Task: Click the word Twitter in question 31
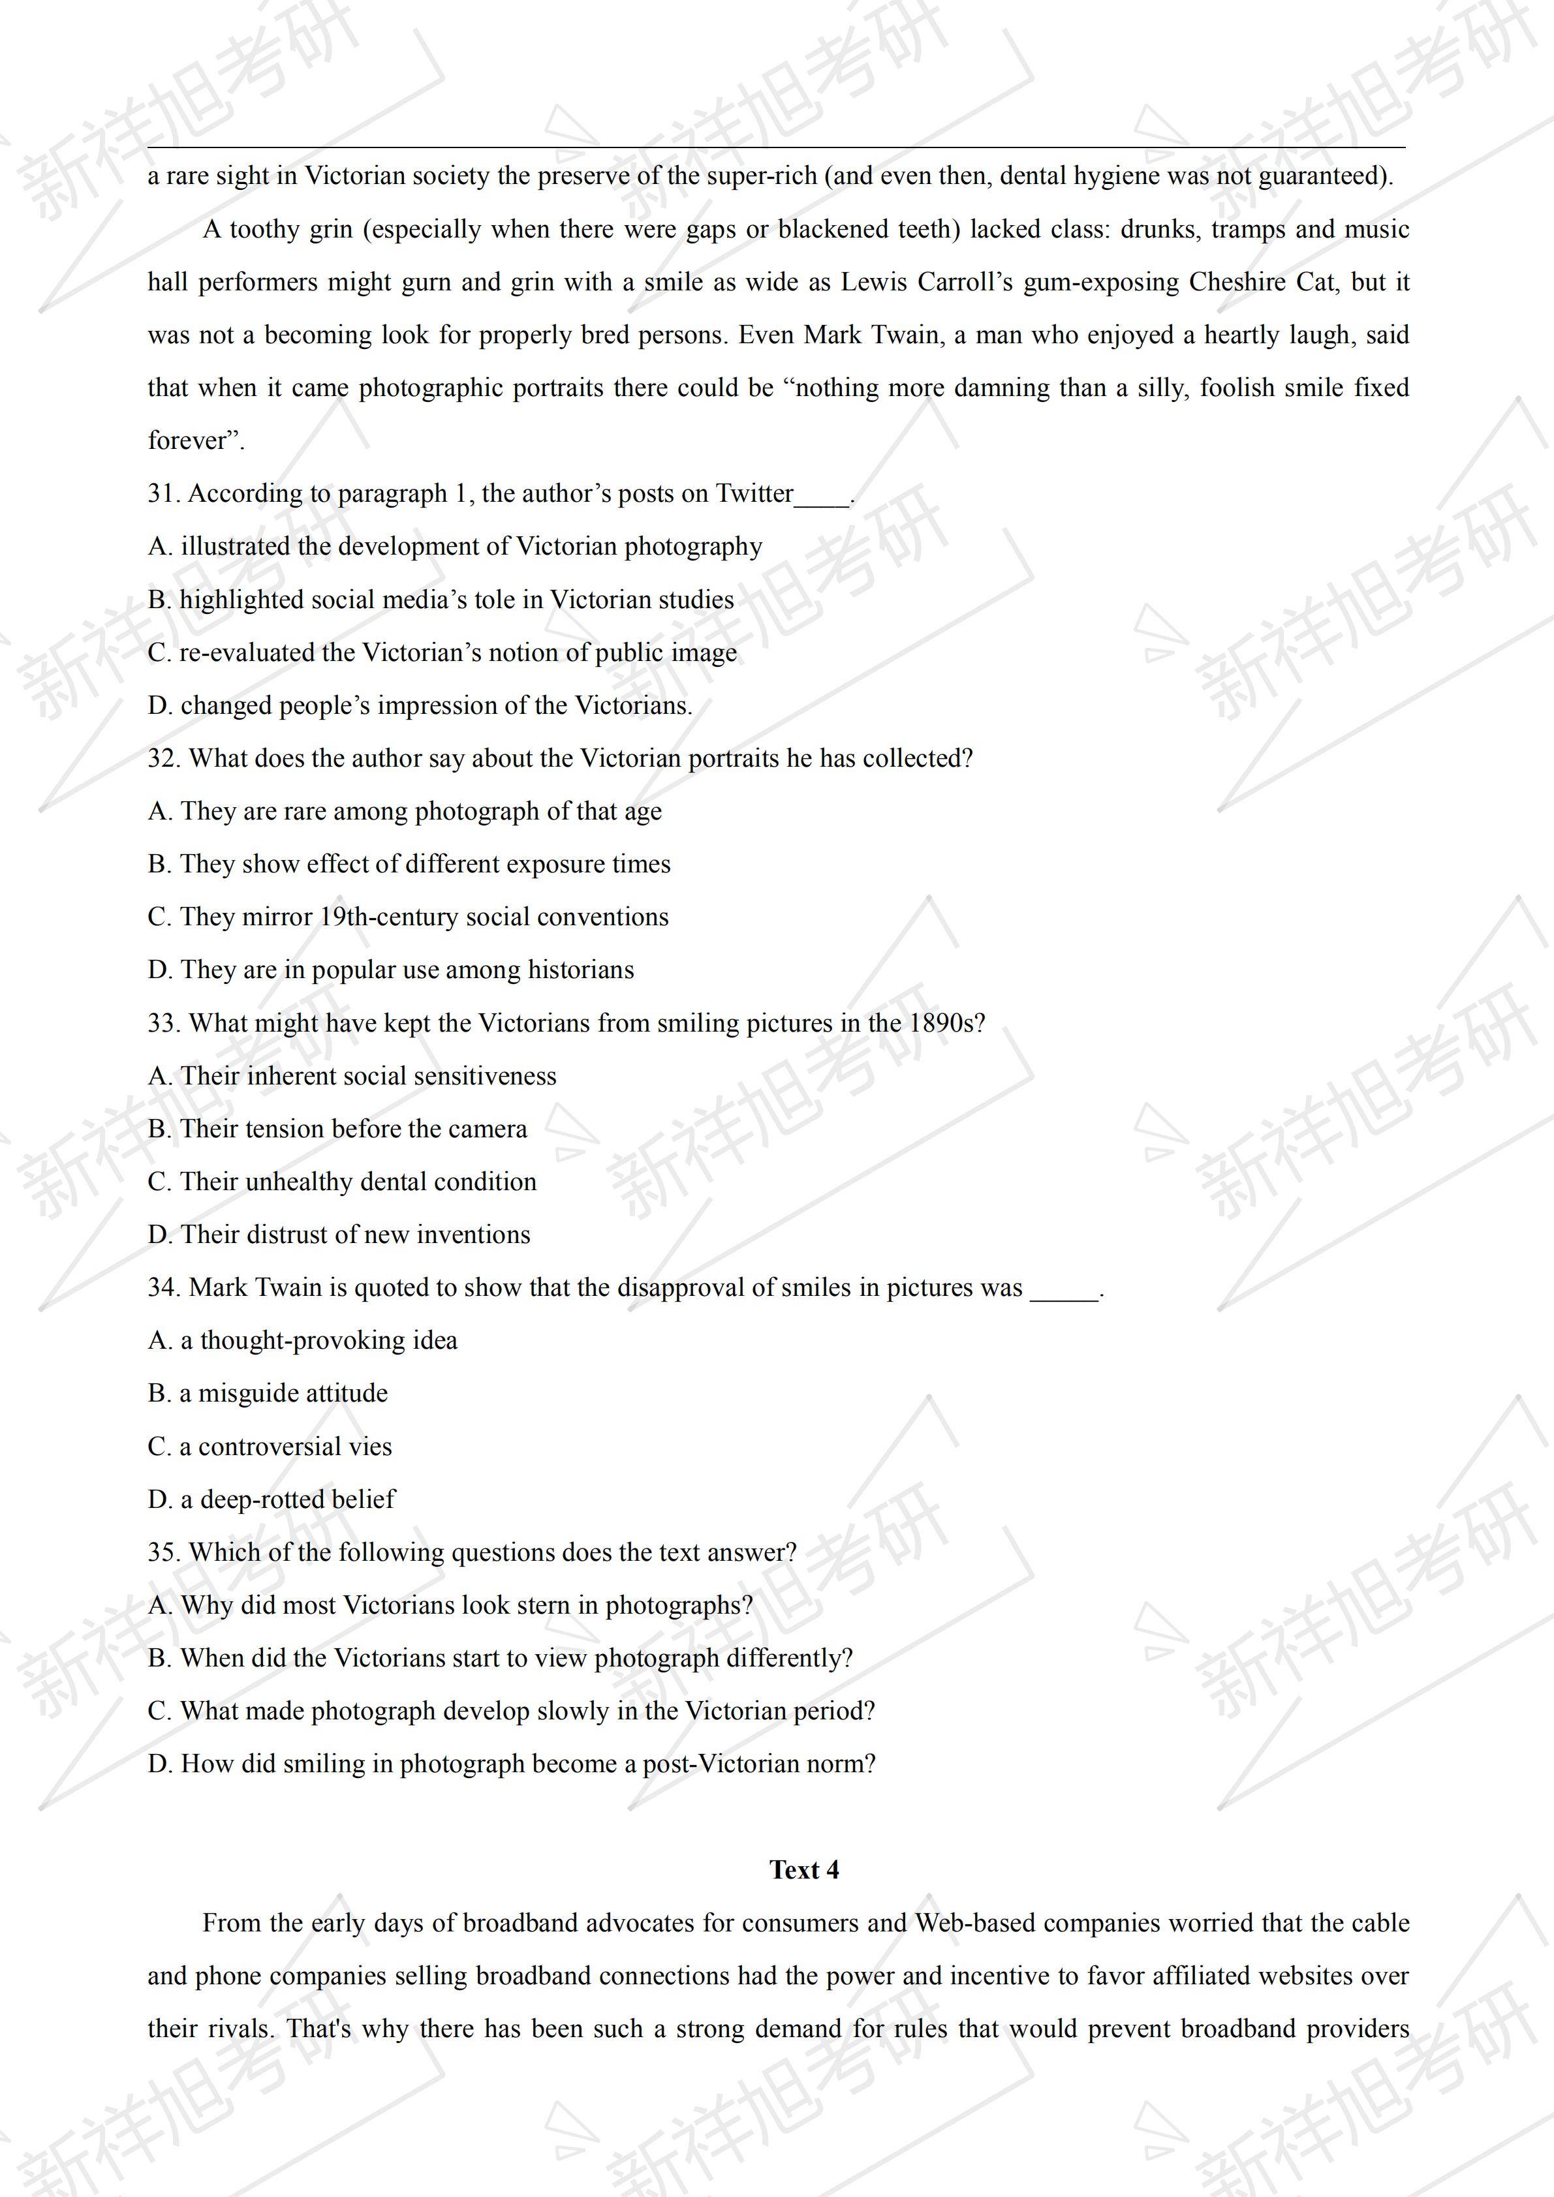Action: click(x=755, y=494)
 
